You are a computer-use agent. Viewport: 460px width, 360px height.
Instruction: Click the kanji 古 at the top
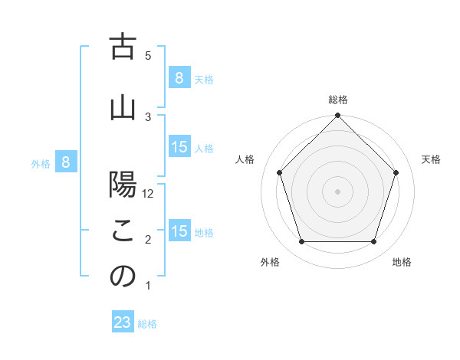[x=123, y=47]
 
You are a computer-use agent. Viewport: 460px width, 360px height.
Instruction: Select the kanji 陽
[x=123, y=186]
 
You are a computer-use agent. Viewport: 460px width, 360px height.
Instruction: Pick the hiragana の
[x=123, y=277]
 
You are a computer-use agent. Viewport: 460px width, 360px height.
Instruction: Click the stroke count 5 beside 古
[x=148, y=55]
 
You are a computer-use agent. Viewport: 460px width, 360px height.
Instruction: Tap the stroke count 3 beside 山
[x=148, y=116]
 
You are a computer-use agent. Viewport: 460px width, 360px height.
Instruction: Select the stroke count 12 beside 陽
[x=149, y=195]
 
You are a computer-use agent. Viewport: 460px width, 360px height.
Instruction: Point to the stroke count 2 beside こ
[x=148, y=241]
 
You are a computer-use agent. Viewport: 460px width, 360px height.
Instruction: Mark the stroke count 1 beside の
[x=148, y=286]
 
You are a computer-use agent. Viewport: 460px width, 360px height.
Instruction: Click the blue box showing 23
[x=123, y=322]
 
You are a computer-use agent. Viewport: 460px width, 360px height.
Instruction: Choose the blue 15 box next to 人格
[x=179, y=147]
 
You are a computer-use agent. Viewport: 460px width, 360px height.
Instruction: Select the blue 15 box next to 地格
[x=179, y=231]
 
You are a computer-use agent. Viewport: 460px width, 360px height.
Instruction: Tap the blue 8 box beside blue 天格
[x=179, y=77]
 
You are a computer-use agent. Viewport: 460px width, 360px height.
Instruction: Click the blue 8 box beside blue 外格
[x=66, y=162]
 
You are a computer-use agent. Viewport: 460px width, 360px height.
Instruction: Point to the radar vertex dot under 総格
[x=337, y=116]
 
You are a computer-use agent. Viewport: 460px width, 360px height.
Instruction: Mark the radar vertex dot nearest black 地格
[x=374, y=242]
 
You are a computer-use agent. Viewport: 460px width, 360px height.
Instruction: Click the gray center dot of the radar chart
[x=337, y=191]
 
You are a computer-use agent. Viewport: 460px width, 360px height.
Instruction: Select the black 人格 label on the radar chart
[x=245, y=159]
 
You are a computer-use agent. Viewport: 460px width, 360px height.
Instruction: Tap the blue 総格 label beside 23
[x=147, y=324]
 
